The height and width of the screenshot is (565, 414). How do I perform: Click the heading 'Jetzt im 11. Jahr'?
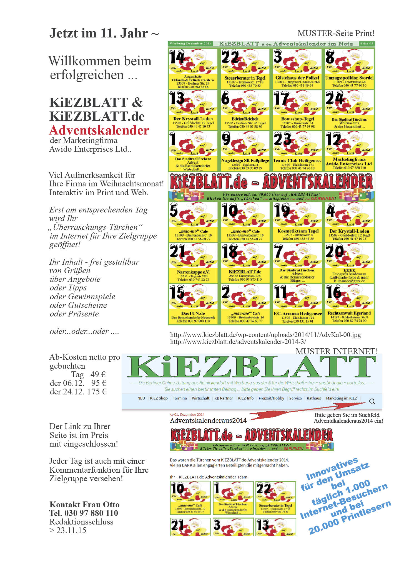104,33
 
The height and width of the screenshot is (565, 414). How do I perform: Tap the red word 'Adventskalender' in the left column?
99,130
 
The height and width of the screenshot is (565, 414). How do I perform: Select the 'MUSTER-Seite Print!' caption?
336,34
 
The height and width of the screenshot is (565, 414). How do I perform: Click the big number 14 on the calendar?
177,57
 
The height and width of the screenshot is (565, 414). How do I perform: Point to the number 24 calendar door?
334,98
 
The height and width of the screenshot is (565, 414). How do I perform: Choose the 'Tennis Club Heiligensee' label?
297,161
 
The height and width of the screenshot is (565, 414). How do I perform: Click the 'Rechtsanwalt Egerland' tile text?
349,313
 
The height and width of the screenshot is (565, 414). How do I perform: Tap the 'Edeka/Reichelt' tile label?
245,119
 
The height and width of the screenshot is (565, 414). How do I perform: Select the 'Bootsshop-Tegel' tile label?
297,119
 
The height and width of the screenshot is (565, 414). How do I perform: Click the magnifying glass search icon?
372,401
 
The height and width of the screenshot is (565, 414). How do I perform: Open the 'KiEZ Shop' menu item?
159,398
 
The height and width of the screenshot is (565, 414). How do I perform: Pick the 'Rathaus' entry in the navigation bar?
314,398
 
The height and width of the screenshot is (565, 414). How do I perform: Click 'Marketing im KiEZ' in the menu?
341,398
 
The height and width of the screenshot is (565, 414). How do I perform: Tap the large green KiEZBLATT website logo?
251,367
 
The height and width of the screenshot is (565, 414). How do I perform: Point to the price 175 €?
96,392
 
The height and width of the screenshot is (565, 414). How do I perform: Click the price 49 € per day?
98,374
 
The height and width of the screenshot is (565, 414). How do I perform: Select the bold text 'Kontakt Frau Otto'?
84,504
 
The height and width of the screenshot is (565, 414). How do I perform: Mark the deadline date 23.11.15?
71,530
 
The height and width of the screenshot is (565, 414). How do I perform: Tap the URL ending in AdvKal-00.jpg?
265,335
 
